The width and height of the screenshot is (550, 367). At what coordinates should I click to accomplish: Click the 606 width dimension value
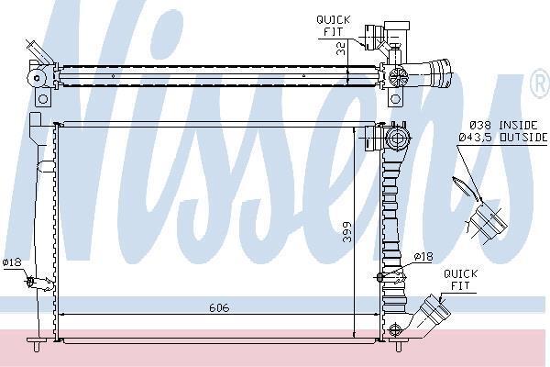pos(219,307)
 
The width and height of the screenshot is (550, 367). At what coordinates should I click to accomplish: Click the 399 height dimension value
pos(346,232)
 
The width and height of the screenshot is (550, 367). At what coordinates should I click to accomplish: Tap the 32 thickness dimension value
pos(341,48)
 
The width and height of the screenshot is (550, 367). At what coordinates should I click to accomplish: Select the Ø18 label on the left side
pos(12,262)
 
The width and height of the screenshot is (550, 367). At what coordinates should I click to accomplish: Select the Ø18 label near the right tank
pos(423,257)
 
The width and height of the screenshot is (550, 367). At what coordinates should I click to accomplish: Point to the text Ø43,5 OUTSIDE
pos(503,138)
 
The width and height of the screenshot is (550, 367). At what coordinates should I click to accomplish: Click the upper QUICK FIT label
pos(334,26)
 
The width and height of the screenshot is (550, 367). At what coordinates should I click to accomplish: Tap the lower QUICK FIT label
pos(460,280)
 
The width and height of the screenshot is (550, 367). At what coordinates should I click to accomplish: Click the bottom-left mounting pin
pos(37,344)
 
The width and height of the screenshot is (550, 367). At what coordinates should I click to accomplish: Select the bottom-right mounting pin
pos(398,344)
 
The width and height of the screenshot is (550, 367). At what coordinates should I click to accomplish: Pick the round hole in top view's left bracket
pos(43,99)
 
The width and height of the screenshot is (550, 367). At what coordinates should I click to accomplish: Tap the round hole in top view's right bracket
pos(395,99)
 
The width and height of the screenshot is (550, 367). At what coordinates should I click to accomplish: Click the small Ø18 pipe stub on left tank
pos(39,284)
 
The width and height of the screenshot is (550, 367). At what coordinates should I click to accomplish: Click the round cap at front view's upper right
pos(397,138)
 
